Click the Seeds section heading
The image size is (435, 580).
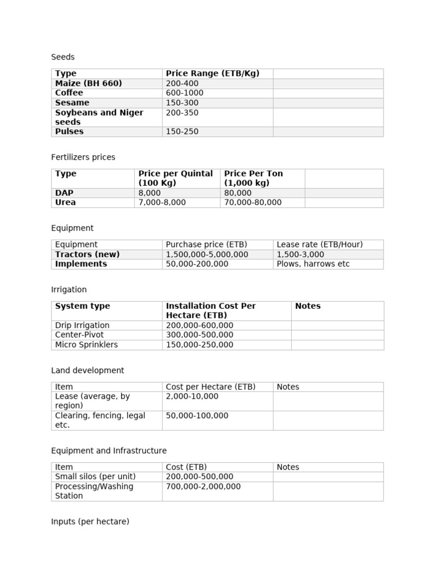[x=63, y=57]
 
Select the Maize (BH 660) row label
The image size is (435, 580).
[x=88, y=83]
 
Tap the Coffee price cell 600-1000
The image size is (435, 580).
[x=185, y=93]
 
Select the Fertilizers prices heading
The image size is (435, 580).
[x=83, y=157]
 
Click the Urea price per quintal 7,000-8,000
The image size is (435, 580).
[x=162, y=202]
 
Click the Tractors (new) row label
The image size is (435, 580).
[x=87, y=254]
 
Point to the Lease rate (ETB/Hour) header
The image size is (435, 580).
[x=319, y=245]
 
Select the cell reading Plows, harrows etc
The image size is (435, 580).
[x=313, y=264]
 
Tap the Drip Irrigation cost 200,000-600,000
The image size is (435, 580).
[x=199, y=326]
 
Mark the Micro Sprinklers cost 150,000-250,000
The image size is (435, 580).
[x=199, y=344]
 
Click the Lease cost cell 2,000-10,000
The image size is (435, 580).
[x=192, y=396]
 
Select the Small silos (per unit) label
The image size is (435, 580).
[x=95, y=477]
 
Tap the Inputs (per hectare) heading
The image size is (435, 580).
[x=90, y=522]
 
